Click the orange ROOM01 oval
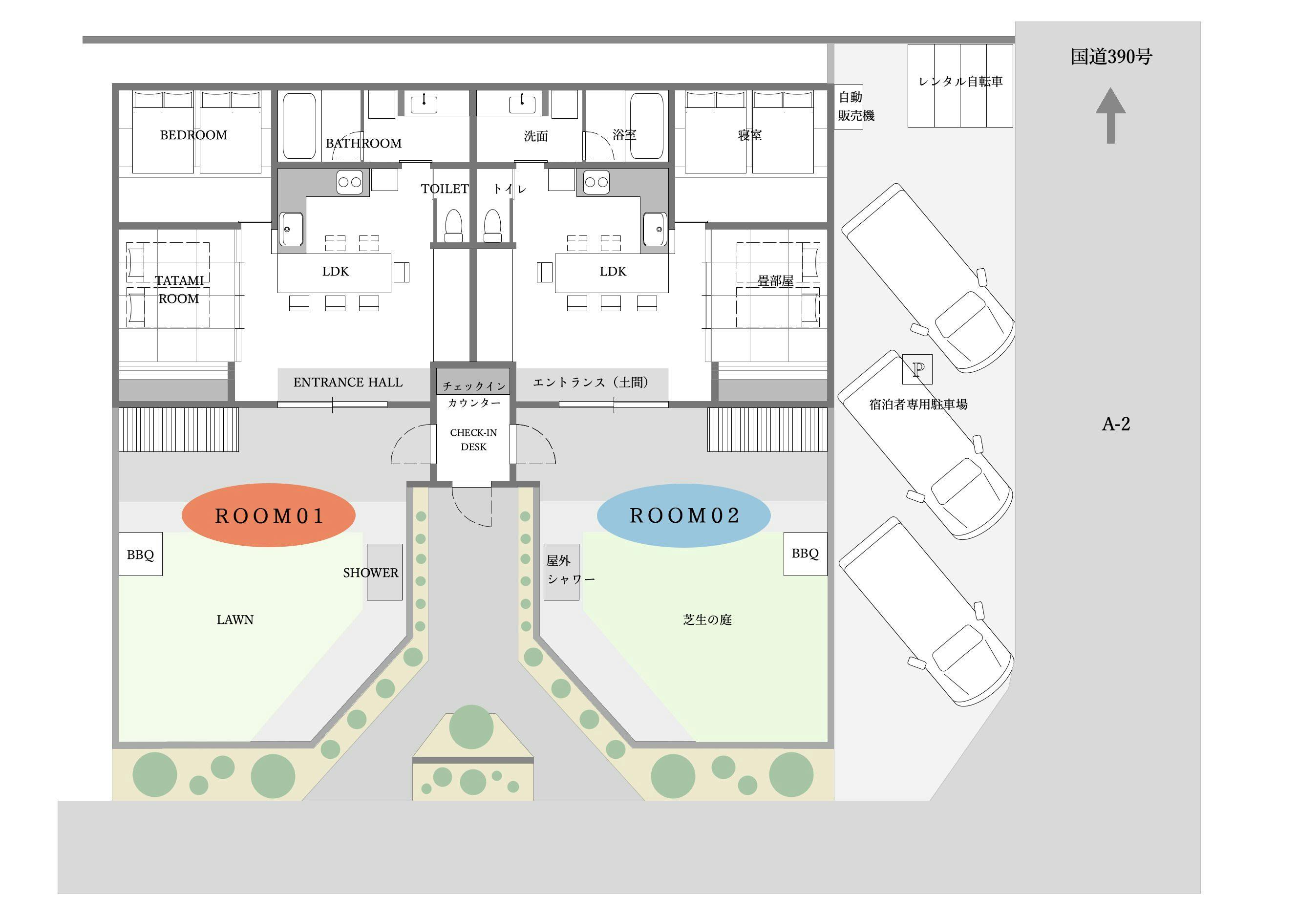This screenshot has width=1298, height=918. (x=268, y=515)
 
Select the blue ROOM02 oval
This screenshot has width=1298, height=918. (x=683, y=515)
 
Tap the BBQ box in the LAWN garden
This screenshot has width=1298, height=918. (x=141, y=554)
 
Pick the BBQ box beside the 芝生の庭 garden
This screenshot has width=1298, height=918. (x=805, y=554)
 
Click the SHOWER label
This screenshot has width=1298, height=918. (x=370, y=573)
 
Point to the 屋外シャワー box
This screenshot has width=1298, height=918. (x=561, y=572)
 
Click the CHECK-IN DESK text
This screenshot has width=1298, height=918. (x=474, y=440)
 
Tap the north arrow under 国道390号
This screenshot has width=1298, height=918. (x=1111, y=115)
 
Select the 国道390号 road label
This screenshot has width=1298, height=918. (x=1111, y=57)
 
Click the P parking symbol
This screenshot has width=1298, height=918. (x=917, y=369)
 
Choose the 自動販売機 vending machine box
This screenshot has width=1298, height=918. (x=849, y=107)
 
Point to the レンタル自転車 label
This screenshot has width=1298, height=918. (x=960, y=82)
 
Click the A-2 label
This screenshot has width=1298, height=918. (x=1116, y=424)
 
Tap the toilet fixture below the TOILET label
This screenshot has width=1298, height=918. (x=453, y=226)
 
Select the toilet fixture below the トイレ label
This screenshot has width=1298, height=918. (x=493, y=226)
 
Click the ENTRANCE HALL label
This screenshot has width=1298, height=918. (x=348, y=382)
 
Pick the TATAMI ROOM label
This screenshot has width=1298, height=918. (x=179, y=289)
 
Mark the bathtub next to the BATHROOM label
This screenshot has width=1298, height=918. (x=299, y=126)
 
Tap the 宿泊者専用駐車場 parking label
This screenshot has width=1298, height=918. (x=918, y=404)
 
